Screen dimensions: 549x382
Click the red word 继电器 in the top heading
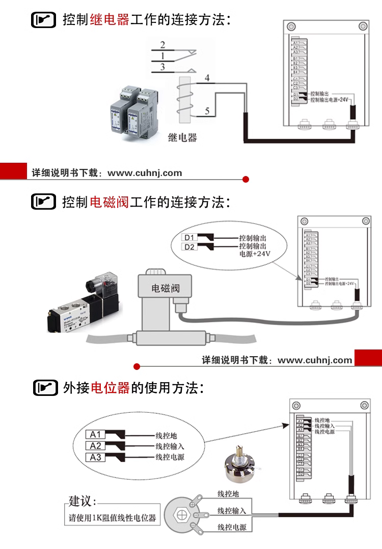[110, 21]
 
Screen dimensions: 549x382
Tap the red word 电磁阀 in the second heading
[110, 202]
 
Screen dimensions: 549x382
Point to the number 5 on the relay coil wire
[207, 111]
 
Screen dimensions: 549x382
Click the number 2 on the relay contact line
[162, 45]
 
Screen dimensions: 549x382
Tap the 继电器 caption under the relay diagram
[182, 137]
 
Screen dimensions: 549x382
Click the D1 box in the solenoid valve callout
[189, 237]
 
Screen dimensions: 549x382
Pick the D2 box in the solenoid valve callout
[189, 247]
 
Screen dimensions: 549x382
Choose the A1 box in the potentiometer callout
[96, 435]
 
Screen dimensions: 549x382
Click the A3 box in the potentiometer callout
[96, 457]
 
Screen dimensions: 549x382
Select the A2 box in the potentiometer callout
[96, 446]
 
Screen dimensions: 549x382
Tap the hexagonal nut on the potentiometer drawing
[182, 513]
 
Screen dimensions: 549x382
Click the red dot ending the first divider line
[245, 179]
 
